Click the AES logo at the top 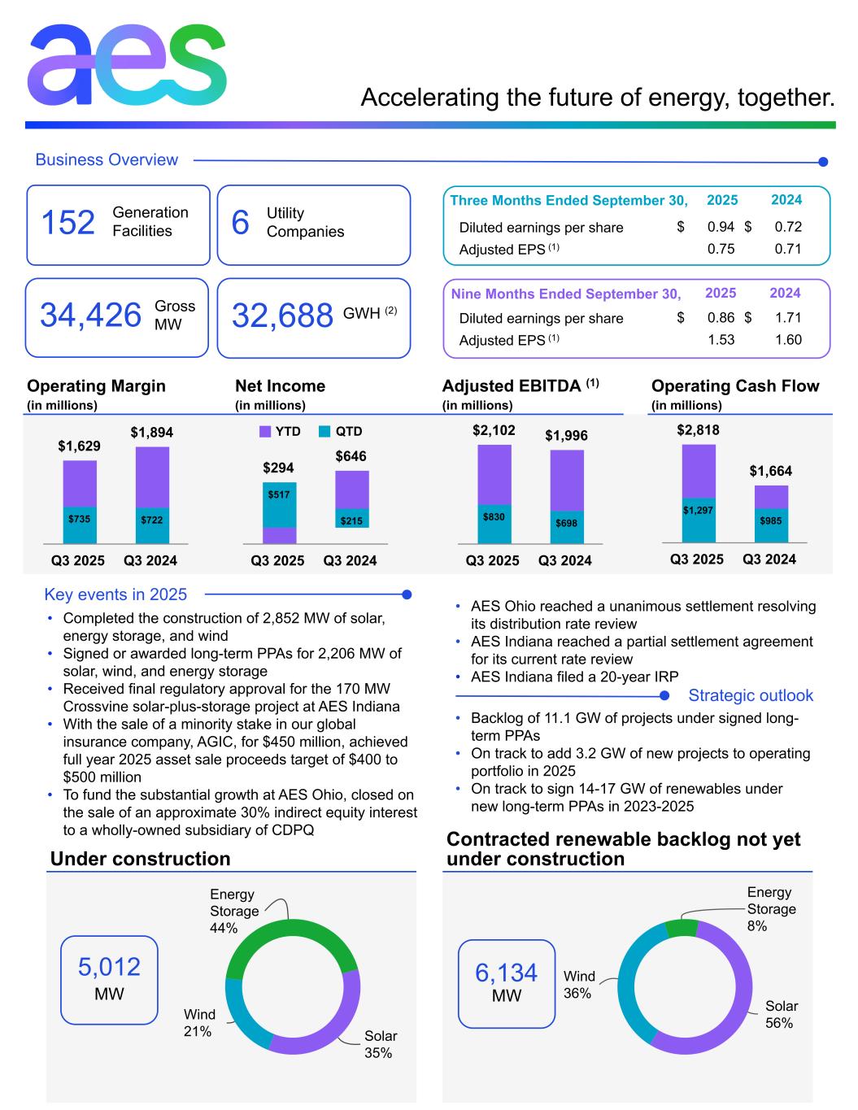[126, 64]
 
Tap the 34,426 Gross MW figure [90, 316]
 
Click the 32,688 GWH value [282, 316]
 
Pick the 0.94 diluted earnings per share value [721, 227]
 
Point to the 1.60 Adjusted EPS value [787, 340]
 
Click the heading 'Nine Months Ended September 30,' [565, 294]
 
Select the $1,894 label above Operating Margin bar [152, 433]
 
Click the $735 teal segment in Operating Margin [80, 519]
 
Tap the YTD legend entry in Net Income [281, 432]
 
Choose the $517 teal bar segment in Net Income [278, 494]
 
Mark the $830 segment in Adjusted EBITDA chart [494, 516]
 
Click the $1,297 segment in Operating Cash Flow [698, 510]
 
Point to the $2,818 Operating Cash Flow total [698, 430]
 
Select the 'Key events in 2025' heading [115, 594]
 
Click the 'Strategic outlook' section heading [750, 695]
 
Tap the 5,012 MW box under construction [109, 979]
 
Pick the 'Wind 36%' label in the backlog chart [579, 984]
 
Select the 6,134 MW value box [506, 983]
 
